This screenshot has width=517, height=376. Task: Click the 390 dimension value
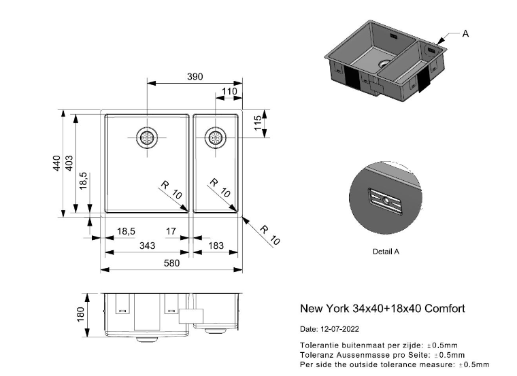click(x=195, y=77)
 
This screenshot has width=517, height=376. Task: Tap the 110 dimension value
click(x=229, y=91)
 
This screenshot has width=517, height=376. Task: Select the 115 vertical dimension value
click(x=258, y=122)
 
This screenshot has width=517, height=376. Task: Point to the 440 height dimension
click(x=56, y=163)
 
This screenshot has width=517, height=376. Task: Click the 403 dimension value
click(x=69, y=163)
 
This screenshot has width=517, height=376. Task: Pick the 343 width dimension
click(x=147, y=245)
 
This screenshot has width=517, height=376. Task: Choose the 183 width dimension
click(x=216, y=245)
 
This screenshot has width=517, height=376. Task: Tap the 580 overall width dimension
click(x=172, y=263)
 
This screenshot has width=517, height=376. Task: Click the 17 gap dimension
click(x=171, y=231)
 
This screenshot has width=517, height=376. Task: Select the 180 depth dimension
click(x=80, y=314)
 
